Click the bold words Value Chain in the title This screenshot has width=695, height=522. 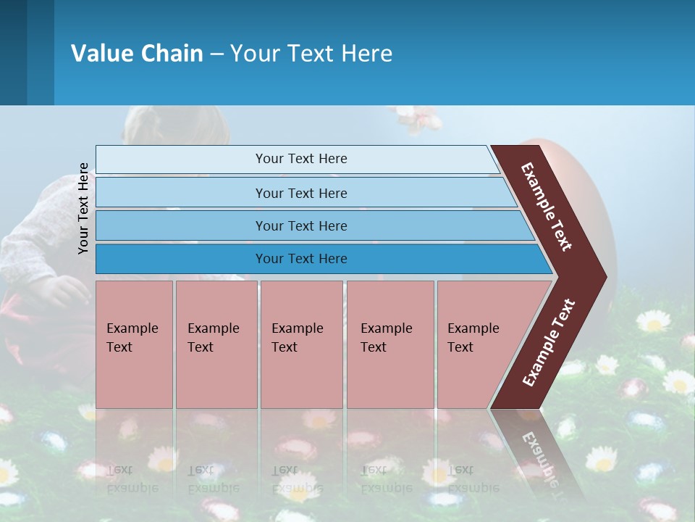click(x=137, y=54)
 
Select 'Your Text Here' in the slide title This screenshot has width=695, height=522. click(x=311, y=54)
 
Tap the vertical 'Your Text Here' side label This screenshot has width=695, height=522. click(x=84, y=208)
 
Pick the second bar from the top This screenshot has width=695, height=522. click(x=300, y=193)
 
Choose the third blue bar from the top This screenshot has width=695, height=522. click(x=300, y=225)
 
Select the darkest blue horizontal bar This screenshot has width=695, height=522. click(x=300, y=259)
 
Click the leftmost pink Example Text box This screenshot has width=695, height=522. click(x=134, y=344)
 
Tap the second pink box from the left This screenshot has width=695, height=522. click(x=216, y=344)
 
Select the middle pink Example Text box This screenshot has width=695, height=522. click(x=301, y=344)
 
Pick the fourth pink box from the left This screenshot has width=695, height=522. click(x=390, y=344)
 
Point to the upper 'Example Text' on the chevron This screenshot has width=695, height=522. click(x=547, y=207)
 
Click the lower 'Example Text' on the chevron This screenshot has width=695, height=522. click(x=549, y=343)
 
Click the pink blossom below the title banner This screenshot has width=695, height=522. click(x=416, y=118)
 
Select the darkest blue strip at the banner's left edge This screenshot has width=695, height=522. click(x=13, y=52)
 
